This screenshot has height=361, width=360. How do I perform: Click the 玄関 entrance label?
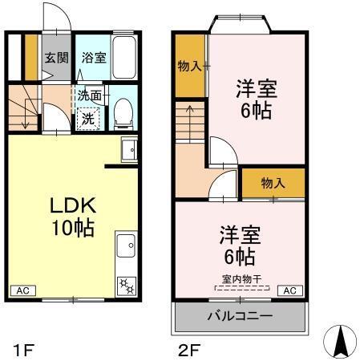click(55, 58)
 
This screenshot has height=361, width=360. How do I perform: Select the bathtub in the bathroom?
click(124, 56)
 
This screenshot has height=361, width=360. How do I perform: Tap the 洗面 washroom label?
click(89, 95)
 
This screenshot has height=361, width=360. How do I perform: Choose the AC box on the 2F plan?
click(289, 290)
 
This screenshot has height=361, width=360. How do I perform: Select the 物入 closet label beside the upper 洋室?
click(189, 66)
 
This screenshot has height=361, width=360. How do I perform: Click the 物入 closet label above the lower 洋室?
click(273, 184)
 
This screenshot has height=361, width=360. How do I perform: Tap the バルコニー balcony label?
click(240, 316)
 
